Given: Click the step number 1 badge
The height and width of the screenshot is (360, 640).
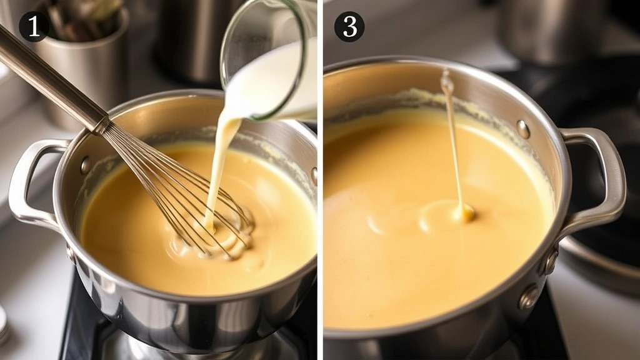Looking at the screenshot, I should pyautogui.click(x=34, y=27).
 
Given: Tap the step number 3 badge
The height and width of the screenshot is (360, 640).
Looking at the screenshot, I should pyautogui.click(x=349, y=27).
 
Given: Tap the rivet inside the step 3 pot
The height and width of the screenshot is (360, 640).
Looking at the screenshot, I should pyautogui.click(x=523, y=129).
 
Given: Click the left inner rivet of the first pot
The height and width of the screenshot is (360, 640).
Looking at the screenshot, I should pyautogui.click(x=86, y=165).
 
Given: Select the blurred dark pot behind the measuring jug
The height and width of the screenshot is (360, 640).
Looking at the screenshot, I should pyautogui.click(x=187, y=37).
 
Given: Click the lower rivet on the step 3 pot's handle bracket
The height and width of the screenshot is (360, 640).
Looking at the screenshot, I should pyautogui.click(x=529, y=296).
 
